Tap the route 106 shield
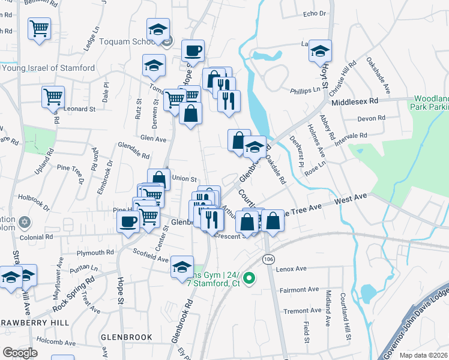268,258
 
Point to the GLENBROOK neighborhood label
126,337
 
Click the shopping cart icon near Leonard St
53,97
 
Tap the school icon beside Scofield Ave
182,267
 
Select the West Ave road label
351,199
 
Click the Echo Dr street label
314,13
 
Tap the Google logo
19,352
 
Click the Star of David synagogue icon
25,223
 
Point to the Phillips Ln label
306,90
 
